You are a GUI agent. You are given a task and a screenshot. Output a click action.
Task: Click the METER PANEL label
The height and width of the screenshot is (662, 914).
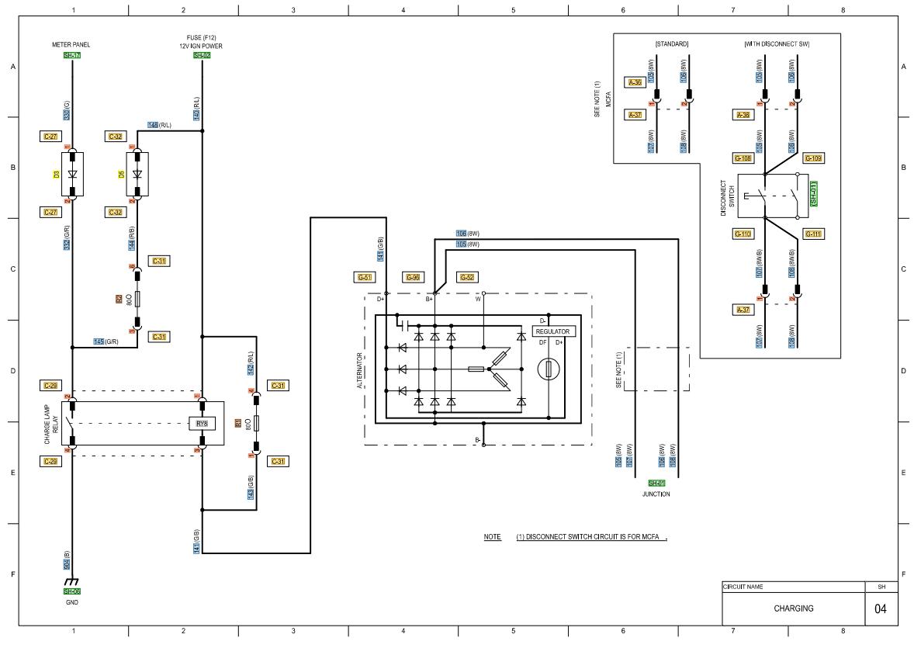point(71,45)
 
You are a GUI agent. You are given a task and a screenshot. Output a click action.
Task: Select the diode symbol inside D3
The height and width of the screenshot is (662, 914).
point(71,174)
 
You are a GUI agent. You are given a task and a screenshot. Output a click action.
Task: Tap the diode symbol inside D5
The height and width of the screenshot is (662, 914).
point(137,174)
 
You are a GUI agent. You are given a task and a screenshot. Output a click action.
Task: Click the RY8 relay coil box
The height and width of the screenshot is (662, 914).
point(201,424)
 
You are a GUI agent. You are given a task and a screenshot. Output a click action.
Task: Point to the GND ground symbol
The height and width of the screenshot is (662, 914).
point(72,581)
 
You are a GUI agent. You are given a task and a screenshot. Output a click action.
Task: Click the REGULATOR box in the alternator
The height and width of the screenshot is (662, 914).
point(553,331)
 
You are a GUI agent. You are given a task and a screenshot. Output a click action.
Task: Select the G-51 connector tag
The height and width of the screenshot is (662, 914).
point(364,277)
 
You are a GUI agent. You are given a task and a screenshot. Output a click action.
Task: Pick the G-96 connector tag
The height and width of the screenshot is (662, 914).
point(413,277)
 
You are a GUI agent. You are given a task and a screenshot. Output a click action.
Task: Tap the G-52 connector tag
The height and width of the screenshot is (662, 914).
point(467,277)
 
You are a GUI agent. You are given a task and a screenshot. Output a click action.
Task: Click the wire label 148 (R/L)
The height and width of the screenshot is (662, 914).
point(159,125)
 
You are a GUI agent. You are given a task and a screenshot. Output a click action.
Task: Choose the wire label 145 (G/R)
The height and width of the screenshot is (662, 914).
point(106,341)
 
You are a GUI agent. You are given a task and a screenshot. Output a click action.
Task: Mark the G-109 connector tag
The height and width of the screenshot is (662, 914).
point(813,158)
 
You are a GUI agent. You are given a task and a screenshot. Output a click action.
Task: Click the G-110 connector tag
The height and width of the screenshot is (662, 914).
point(743,234)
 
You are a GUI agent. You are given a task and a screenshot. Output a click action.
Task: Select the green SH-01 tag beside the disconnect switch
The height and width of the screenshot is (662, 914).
point(813,194)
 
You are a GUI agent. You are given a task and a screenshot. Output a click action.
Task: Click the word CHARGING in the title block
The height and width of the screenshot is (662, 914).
point(793,608)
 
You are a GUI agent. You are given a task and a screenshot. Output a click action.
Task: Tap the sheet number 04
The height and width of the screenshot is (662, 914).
point(880,608)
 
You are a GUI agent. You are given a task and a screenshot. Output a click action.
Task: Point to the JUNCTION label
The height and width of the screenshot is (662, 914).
point(656,494)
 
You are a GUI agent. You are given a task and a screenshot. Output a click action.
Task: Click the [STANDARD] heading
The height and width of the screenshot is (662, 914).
point(671,44)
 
